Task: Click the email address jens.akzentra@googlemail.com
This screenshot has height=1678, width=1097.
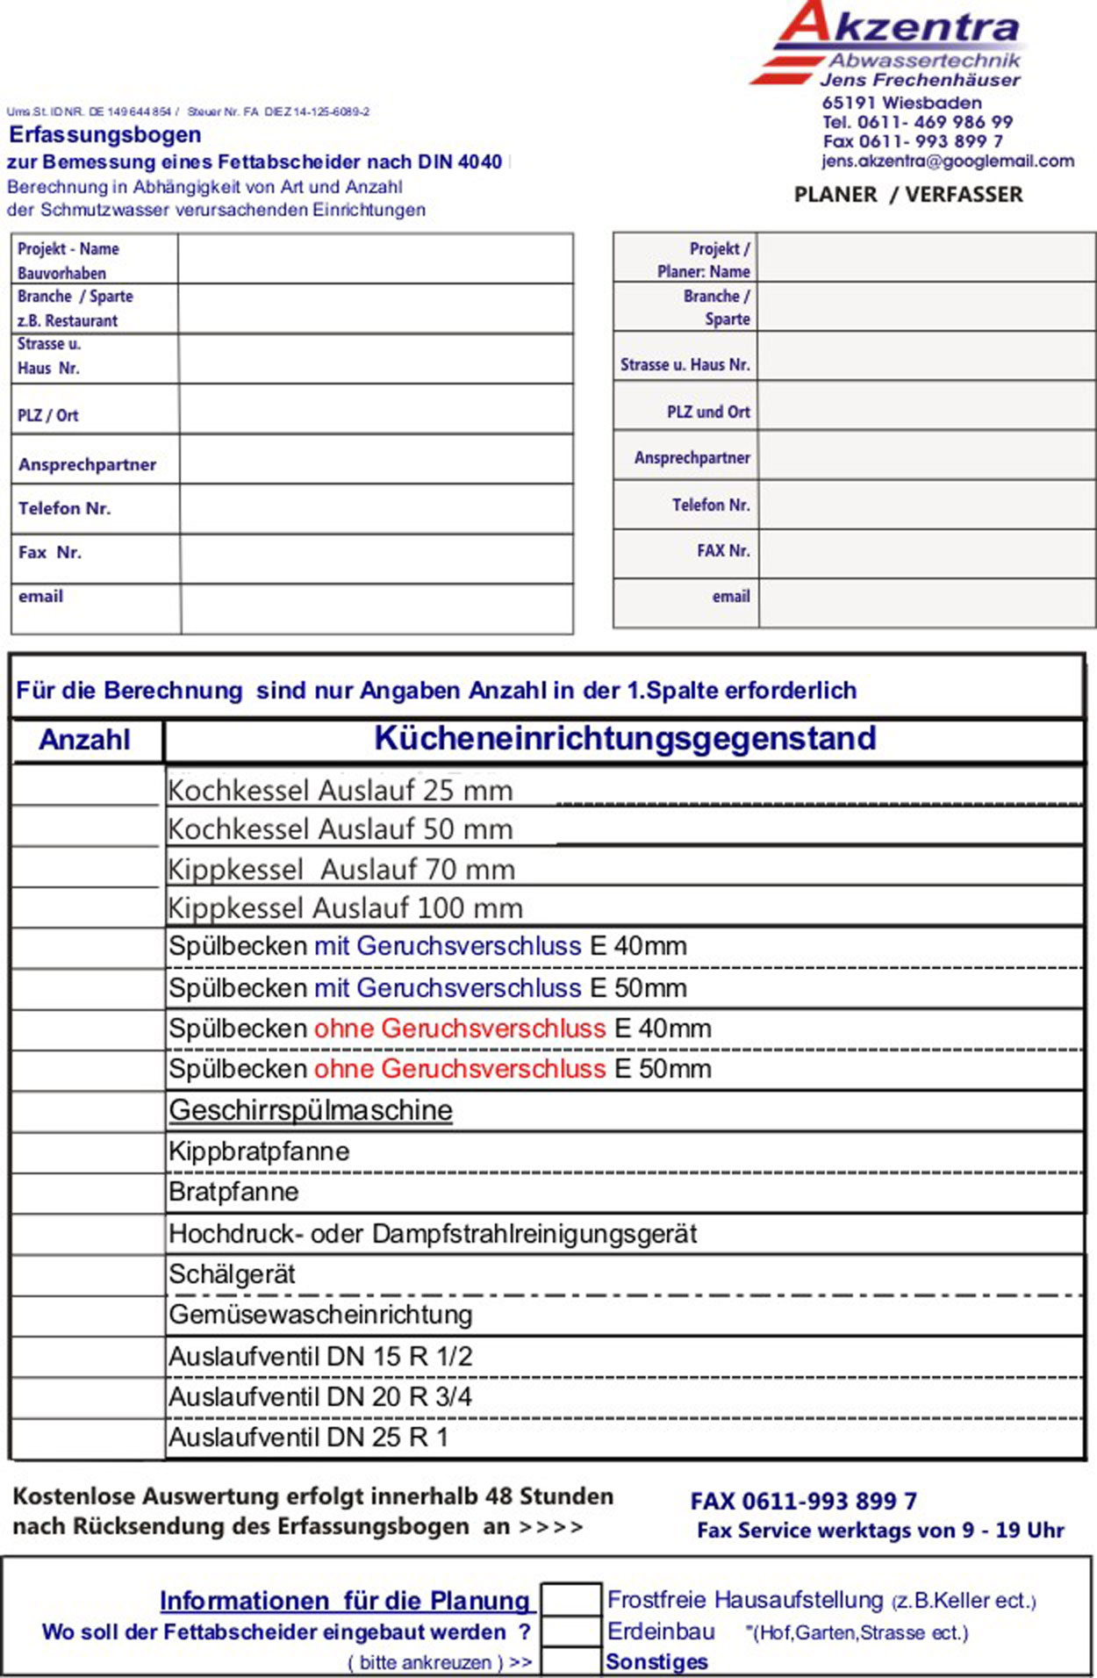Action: click(x=948, y=161)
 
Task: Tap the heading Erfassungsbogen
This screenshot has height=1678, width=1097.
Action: click(x=105, y=135)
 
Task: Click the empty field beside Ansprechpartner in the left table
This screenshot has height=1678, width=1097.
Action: click(x=376, y=459)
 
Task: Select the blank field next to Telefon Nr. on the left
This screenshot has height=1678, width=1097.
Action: click(x=376, y=508)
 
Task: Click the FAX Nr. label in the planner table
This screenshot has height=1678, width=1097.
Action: click(x=723, y=551)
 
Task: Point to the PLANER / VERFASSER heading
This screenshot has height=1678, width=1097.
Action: click(x=908, y=195)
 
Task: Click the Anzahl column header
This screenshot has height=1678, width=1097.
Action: click(x=85, y=740)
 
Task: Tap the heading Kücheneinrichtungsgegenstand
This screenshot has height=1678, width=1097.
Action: click(x=625, y=739)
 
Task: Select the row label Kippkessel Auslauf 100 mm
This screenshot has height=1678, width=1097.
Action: click(x=346, y=907)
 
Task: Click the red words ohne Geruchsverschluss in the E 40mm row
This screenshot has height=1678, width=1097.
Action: click(x=460, y=1029)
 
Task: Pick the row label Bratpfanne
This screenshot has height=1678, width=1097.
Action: click(x=233, y=1193)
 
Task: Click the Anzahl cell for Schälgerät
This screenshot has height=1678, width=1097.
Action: click(x=88, y=1276)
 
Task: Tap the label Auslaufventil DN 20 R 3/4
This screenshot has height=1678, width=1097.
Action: click(x=320, y=1397)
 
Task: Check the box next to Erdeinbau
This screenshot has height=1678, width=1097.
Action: click(x=570, y=1632)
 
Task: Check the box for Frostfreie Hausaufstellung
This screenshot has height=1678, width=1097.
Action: click(x=570, y=1601)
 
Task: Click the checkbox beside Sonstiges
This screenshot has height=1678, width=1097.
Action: click(x=570, y=1662)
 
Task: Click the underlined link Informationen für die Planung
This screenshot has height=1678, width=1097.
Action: click(x=347, y=1601)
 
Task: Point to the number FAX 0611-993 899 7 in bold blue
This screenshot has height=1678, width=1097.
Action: click(x=803, y=1502)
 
